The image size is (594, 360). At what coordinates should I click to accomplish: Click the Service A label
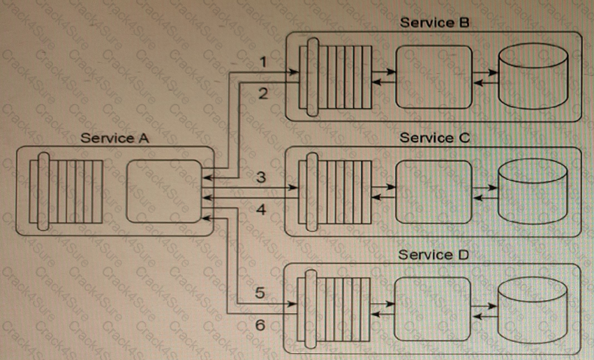(x=115, y=137)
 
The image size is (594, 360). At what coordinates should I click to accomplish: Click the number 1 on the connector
(x=262, y=63)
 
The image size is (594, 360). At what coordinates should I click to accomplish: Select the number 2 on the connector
(x=262, y=94)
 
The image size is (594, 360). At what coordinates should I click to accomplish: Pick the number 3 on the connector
(x=260, y=177)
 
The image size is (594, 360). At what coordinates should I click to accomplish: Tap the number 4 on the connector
(x=261, y=209)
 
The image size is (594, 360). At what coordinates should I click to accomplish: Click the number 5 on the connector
(x=259, y=294)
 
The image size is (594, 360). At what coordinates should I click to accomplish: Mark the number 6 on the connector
(x=260, y=325)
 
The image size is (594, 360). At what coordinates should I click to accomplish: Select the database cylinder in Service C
(x=532, y=190)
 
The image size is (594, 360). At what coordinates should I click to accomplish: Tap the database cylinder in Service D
(x=532, y=306)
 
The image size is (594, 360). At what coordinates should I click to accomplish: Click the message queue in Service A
(x=66, y=190)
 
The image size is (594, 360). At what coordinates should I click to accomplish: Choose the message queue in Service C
(x=334, y=190)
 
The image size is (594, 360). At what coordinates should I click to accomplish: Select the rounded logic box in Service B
(x=433, y=73)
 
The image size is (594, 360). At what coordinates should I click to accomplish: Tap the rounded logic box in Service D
(x=433, y=306)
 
